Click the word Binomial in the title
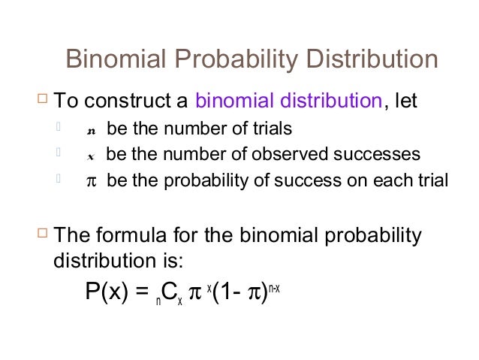[111, 59]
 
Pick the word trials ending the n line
[268, 129]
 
